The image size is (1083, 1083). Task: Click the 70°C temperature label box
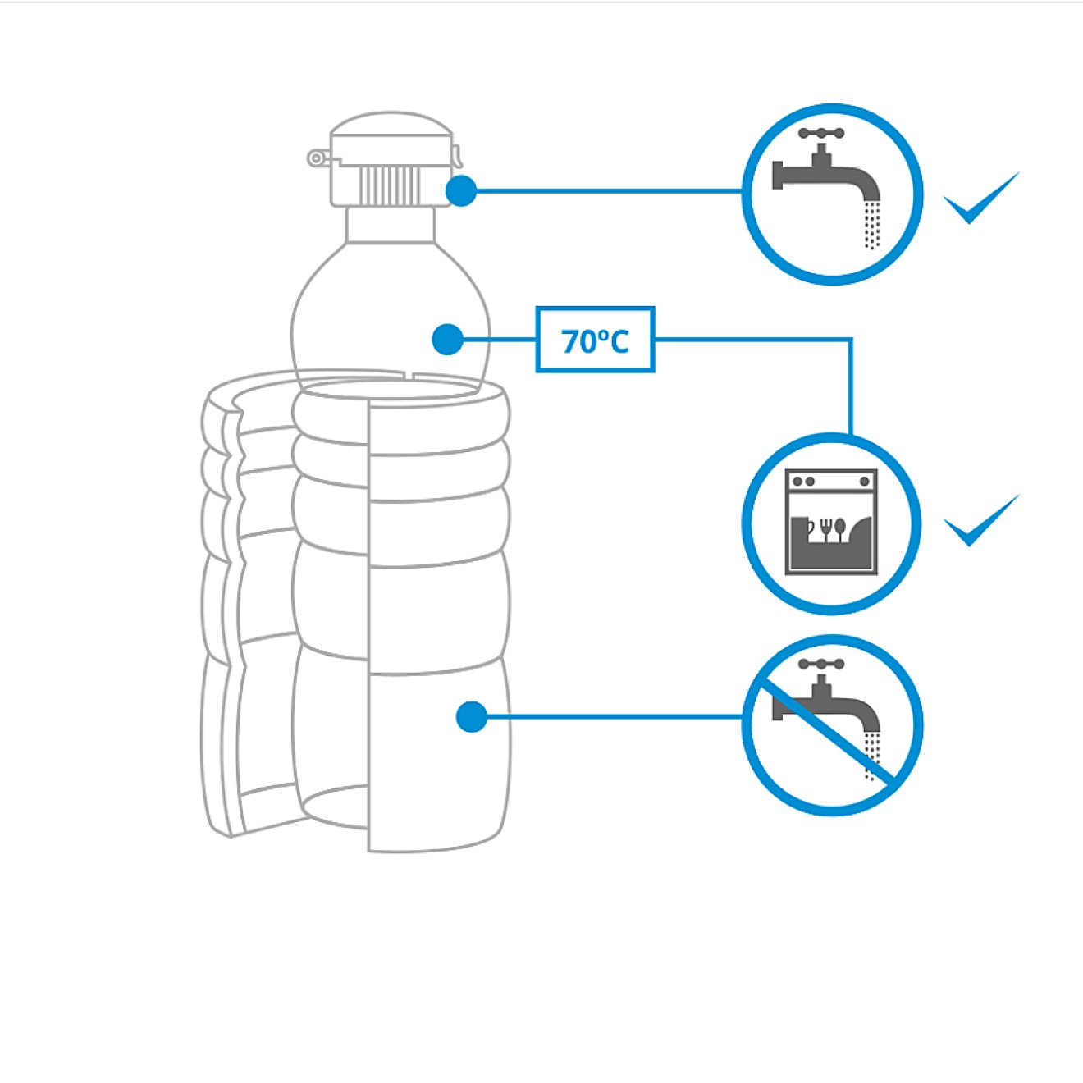(x=595, y=340)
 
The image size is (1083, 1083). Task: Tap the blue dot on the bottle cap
(x=461, y=191)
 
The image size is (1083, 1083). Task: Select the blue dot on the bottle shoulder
(x=447, y=339)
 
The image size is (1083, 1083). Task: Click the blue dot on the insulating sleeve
(x=472, y=717)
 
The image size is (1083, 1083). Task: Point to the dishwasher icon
(x=831, y=522)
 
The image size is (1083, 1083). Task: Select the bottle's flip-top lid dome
(x=391, y=131)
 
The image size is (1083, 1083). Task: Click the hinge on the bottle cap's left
(x=317, y=158)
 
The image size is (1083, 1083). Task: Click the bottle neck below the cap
(x=390, y=224)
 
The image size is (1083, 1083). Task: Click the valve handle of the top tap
(x=821, y=133)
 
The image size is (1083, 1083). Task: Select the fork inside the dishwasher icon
(x=825, y=528)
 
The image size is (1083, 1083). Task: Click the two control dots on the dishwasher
(x=803, y=481)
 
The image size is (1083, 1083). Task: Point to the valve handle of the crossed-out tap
(x=821, y=664)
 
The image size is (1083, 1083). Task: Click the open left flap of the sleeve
(x=223, y=607)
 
